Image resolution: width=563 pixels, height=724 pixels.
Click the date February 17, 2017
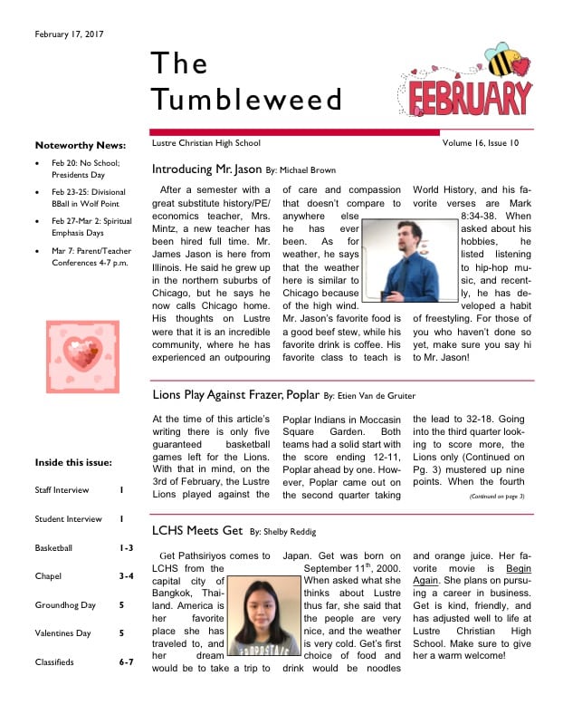(x=70, y=34)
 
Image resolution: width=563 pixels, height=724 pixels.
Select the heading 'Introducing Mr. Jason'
(x=206, y=169)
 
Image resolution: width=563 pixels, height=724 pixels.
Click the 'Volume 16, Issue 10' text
(x=481, y=143)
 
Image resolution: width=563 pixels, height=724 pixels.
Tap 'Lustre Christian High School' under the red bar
(x=206, y=143)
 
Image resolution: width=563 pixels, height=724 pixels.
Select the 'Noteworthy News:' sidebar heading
(x=80, y=145)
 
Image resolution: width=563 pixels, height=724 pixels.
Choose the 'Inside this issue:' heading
(x=73, y=463)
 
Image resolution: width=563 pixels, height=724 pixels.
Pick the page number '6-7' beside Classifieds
(x=126, y=662)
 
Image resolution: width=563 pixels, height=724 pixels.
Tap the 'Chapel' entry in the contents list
(x=48, y=576)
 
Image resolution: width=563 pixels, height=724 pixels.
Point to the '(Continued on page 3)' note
(x=497, y=497)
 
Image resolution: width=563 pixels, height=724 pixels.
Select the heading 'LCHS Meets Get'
(x=196, y=532)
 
